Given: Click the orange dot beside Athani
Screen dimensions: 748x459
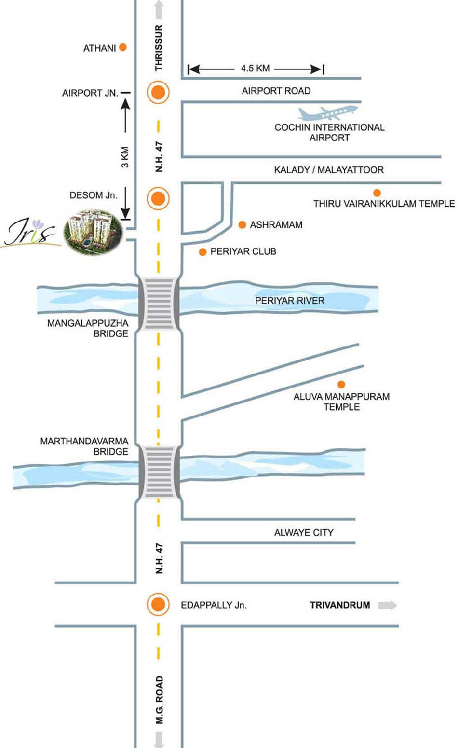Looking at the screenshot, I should click(x=123, y=47).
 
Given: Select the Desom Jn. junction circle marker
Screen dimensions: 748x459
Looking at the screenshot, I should click(x=159, y=198).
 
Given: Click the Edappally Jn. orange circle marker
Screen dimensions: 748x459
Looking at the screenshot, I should click(x=159, y=604).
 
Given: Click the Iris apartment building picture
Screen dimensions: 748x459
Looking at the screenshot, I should click(x=94, y=232).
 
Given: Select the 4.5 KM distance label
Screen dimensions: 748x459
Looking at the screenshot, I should click(x=255, y=69).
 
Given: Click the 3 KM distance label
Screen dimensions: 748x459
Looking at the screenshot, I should click(x=125, y=157).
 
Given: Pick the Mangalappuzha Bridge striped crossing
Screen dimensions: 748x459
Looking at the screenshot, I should click(x=159, y=303).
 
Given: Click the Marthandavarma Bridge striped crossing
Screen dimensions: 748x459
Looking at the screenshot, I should click(x=159, y=472).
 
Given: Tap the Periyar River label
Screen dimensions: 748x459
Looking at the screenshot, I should click(x=289, y=301).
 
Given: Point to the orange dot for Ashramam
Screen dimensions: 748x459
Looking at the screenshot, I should click(x=243, y=224).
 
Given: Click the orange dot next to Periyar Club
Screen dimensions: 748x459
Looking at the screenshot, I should click(x=203, y=252).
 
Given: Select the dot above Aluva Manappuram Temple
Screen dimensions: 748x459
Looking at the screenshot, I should click(x=341, y=385).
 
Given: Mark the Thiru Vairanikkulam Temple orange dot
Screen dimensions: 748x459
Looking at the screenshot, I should click(x=377, y=193).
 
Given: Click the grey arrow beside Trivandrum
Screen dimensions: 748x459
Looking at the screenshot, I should click(x=387, y=605).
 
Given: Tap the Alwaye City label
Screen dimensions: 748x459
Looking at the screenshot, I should click(x=304, y=533).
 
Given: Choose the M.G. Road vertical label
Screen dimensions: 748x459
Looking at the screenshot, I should click(x=160, y=699).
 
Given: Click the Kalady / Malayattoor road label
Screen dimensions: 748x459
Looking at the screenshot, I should click(x=329, y=170).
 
